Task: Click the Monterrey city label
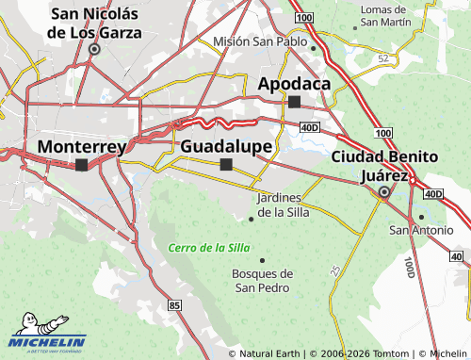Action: pyautogui.click(x=82, y=147)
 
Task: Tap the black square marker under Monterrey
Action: pyautogui.click(x=82, y=165)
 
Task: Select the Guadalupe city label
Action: pyautogui.click(x=226, y=147)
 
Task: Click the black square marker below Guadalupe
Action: pyautogui.click(x=226, y=164)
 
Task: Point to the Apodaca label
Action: pyautogui.click(x=294, y=84)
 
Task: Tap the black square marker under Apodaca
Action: pyautogui.click(x=294, y=101)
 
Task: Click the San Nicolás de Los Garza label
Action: pyautogui.click(x=96, y=23)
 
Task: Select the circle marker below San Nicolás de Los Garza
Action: pyautogui.click(x=94, y=49)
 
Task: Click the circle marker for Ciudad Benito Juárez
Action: pyautogui.click(x=383, y=193)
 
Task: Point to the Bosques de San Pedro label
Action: pyautogui.click(x=262, y=280)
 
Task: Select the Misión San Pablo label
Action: pyautogui.click(x=260, y=42)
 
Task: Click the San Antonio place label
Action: pyautogui.click(x=420, y=230)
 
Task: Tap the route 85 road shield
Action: pyautogui.click(x=174, y=305)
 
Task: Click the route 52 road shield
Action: pyautogui.click(x=382, y=57)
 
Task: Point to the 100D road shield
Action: pyautogui.click(x=408, y=266)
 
